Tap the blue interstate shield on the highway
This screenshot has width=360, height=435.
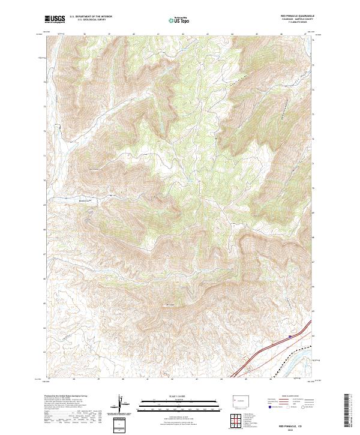(x=289, y=337)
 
